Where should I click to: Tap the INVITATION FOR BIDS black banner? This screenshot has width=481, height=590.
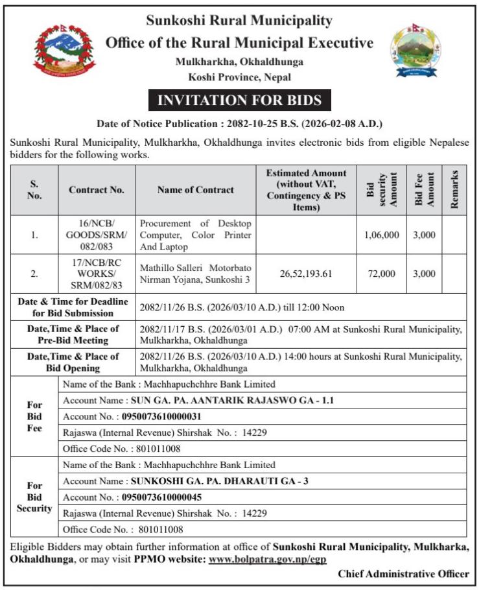tap(240, 100)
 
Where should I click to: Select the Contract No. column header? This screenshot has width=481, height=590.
tap(97, 190)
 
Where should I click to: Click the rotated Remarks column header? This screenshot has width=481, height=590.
tap(454, 190)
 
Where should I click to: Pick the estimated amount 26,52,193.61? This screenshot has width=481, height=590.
tap(306, 274)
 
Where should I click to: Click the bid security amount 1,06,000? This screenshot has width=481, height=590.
tap(382, 235)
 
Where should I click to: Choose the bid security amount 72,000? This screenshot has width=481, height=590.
tap(382, 274)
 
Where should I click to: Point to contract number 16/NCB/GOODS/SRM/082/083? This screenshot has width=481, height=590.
tap(97, 235)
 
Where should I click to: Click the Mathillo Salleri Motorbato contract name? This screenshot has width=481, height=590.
tap(196, 274)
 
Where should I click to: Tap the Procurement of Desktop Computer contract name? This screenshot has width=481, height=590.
tap(196, 235)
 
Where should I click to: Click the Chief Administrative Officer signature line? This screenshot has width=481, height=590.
tap(403, 574)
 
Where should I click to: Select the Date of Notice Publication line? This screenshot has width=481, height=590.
tap(240, 123)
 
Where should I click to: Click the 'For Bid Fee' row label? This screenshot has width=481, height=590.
tap(34, 416)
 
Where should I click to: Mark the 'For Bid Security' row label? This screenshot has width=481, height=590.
tap(34, 497)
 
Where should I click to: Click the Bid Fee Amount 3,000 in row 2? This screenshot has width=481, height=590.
tap(424, 274)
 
